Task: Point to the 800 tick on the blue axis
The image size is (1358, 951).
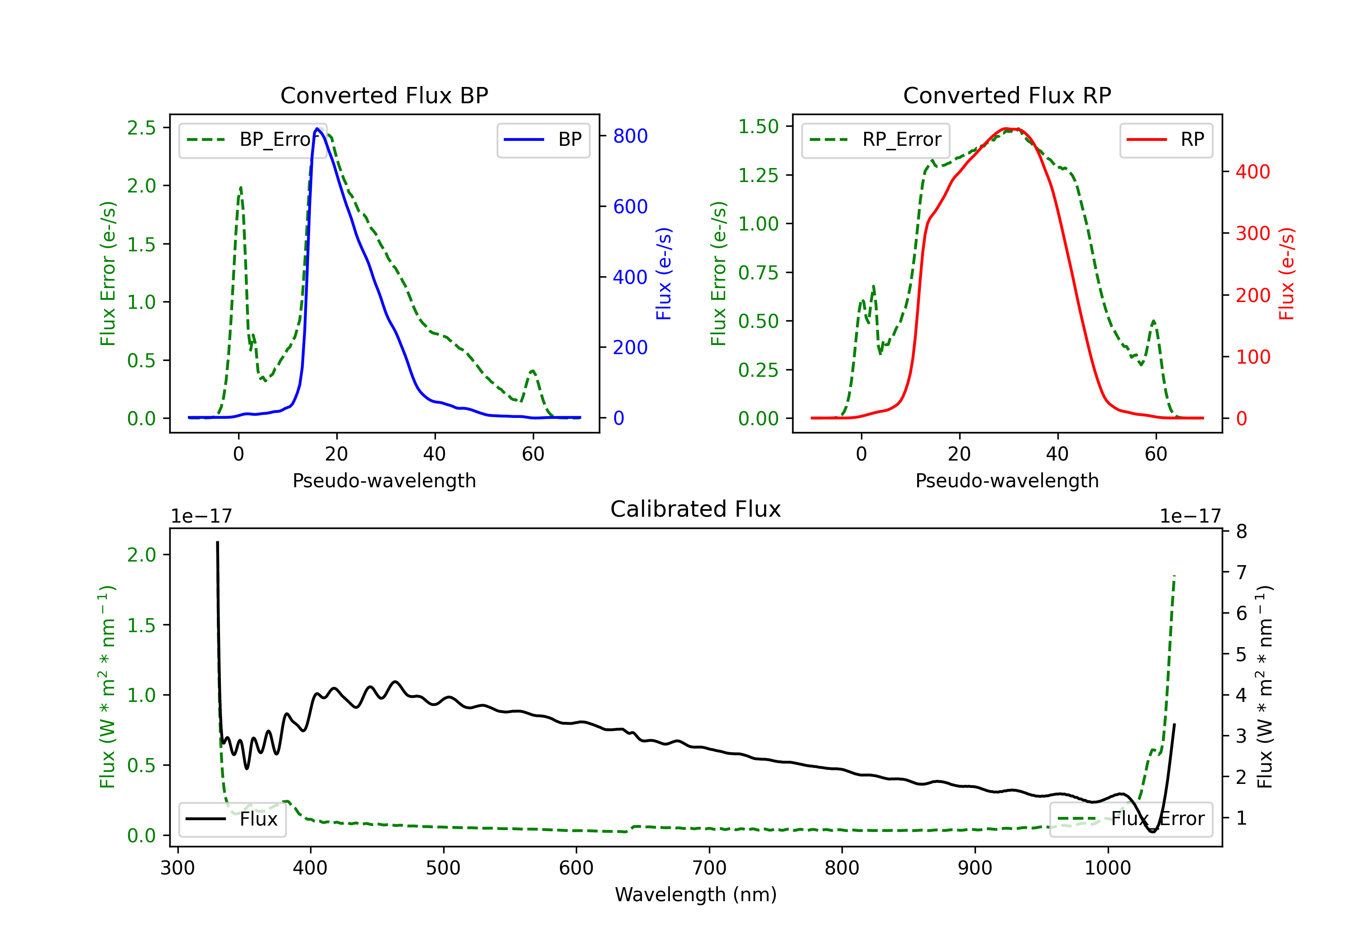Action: (x=630, y=136)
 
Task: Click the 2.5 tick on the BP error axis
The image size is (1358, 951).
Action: (x=141, y=128)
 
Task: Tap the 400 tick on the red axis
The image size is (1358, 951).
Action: (x=1253, y=172)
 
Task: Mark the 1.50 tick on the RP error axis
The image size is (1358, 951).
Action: (x=758, y=127)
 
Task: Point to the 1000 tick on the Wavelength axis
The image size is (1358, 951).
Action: (x=1107, y=868)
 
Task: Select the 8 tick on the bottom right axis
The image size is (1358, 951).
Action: (x=1242, y=531)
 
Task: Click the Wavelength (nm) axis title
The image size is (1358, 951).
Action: (x=696, y=895)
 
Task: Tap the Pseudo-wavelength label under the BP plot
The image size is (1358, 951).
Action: (x=384, y=480)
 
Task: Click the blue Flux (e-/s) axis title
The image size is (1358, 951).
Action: (x=664, y=274)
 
